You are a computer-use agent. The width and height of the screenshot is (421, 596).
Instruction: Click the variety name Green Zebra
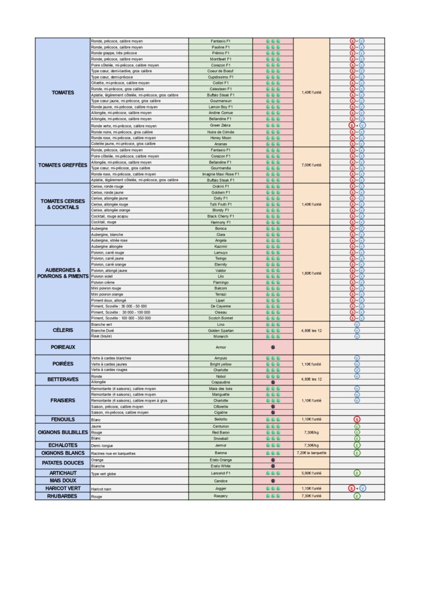point(220,125)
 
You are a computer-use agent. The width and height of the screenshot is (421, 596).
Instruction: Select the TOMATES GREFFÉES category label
point(63,165)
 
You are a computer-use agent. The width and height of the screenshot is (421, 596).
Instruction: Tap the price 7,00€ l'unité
point(311,165)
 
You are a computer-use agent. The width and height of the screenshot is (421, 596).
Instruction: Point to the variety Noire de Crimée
point(220,132)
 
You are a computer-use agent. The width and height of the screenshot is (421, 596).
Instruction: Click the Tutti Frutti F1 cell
point(220,204)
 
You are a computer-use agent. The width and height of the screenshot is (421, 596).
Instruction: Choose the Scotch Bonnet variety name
point(220,318)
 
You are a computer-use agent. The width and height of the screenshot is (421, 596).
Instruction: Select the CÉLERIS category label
point(63,331)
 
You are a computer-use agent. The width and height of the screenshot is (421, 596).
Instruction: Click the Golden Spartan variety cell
point(220,331)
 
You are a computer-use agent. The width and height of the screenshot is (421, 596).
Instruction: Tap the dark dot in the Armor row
point(273,347)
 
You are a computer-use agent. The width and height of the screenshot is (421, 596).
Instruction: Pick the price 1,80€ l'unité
point(311,274)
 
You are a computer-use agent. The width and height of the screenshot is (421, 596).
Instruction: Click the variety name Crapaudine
point(220,382)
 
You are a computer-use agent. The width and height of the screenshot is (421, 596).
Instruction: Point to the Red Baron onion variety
point(220,432)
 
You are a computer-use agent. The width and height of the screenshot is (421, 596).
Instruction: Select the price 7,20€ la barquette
point(311,453)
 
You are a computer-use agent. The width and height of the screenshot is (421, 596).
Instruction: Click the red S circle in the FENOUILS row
point(357,419)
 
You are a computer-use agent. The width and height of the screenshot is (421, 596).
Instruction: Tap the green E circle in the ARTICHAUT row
point(357,473)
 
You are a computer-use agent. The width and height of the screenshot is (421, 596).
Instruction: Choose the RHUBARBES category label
point(63,496)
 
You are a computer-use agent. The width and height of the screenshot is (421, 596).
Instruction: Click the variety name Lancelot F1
point(220,473)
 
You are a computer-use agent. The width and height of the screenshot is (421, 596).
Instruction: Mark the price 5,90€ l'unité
point(311,473)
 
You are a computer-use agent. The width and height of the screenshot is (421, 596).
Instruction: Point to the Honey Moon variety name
point(220,138)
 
